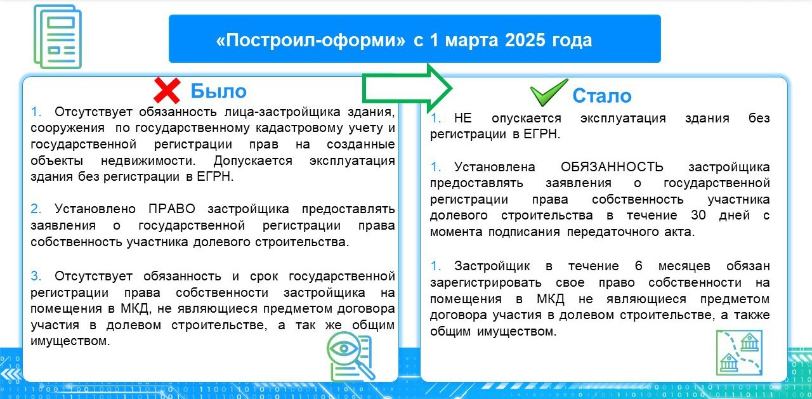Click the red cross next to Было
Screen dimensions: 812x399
coord(167,91)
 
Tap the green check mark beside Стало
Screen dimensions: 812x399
coord(548,93)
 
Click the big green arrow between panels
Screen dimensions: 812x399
coord(407,88)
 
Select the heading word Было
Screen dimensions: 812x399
coord(219,91)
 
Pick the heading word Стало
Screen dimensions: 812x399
coord(602,96)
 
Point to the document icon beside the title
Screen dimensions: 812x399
coord(58,37)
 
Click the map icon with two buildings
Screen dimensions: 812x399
coord(740,352)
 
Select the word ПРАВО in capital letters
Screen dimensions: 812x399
coord(172,209)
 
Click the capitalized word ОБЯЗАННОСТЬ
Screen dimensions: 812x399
coord(612,167)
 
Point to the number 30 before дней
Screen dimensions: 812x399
coord(698,215)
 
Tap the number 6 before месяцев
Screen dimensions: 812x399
coord(639,266)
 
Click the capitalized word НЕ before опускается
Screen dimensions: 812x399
coord(463,118)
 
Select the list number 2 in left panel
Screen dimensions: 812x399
coord(36,209)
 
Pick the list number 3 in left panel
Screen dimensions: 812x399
coord(36,276)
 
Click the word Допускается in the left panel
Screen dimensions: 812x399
coord(252,160)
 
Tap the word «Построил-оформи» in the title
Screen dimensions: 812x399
coord(311,40)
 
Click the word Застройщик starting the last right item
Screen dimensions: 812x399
coord(492,266)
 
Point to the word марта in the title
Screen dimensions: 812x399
coord(471,41)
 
